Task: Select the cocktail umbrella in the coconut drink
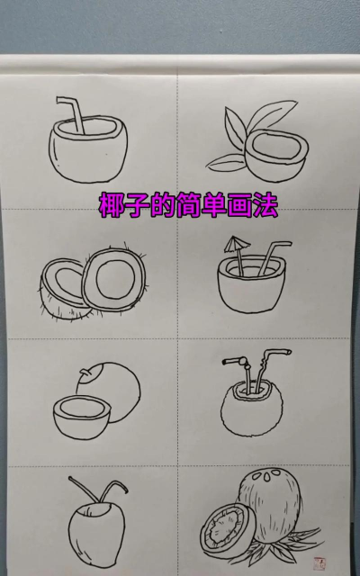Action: click(236, 245)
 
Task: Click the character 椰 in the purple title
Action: click(112, 205)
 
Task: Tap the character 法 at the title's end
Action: click(265, 205)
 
